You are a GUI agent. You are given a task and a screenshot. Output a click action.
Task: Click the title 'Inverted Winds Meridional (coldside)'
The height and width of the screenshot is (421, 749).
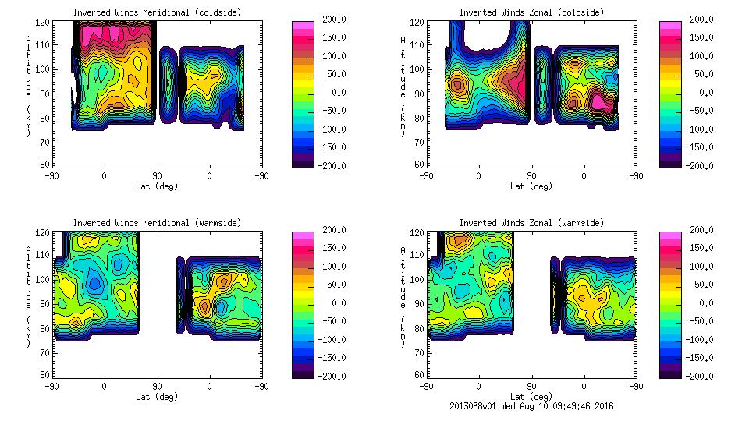click(x=157, y=12)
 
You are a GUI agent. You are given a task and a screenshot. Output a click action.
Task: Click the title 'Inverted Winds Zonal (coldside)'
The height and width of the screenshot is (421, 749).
click(x=531, y=12)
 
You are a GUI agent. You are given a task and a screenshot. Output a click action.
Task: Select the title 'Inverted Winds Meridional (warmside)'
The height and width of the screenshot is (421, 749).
click(x=157, y=223)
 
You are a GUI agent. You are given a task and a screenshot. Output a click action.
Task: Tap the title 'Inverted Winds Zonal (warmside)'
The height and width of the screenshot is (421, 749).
click(x=531, y=223)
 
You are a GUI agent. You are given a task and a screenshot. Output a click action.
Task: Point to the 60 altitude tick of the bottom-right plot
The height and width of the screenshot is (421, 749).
click(x=419, y=374)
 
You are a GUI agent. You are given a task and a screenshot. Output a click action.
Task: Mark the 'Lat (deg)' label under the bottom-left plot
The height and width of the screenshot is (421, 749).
click(x=157, y=397)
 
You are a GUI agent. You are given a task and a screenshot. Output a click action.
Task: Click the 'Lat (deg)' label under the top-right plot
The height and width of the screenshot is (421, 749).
click(x=531, y=186)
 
